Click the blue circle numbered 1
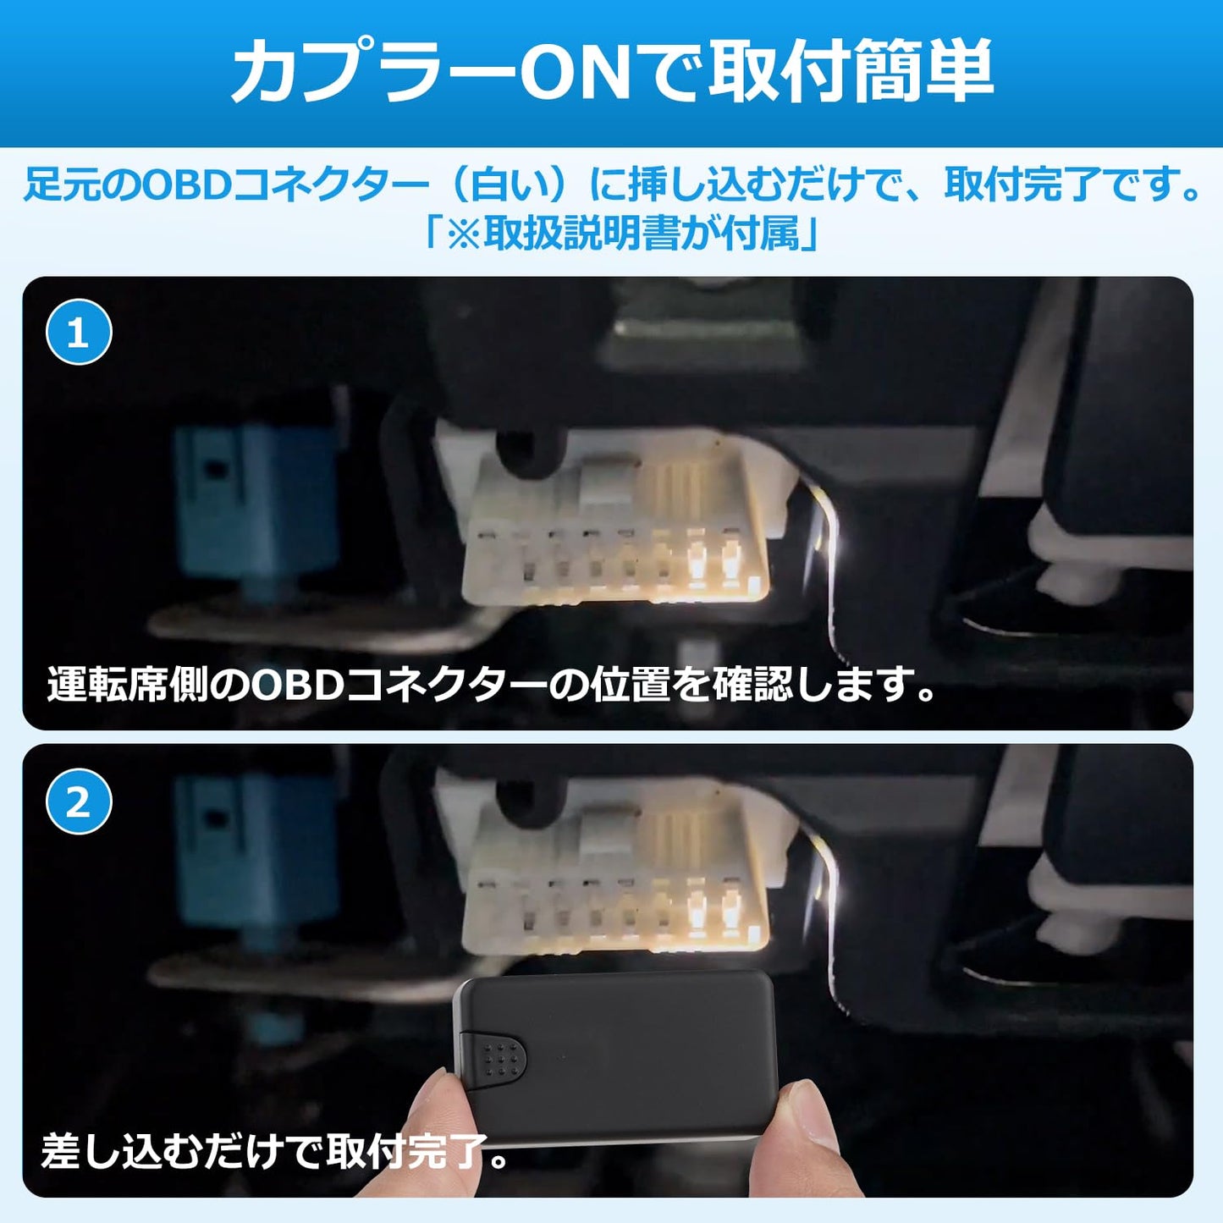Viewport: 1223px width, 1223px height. pos(79,333)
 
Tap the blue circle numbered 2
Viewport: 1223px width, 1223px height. pos(79,802)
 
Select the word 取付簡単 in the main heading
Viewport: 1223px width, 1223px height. pos(851,73)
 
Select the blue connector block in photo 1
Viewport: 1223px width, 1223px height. pos(254,499)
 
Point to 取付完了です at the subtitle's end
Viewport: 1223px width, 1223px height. pos(1071,185)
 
